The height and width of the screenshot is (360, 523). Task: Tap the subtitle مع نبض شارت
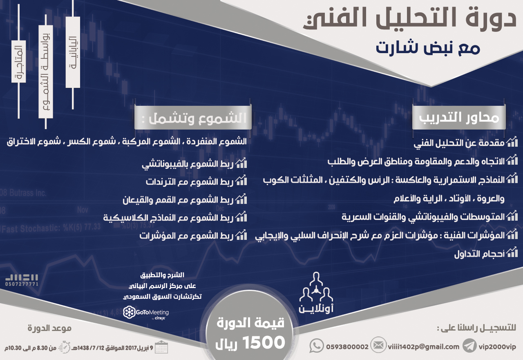coord(428,47)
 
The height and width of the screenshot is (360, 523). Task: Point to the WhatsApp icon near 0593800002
coord(316,346)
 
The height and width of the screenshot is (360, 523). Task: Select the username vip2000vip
coord(497,347)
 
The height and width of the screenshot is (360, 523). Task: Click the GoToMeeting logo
coord(146,313)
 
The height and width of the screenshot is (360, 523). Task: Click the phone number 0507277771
coord(22,283)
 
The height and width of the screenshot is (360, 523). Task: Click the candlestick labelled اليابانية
coord(73,52)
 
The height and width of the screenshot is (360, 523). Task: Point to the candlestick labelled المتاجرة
coord(19,61)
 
